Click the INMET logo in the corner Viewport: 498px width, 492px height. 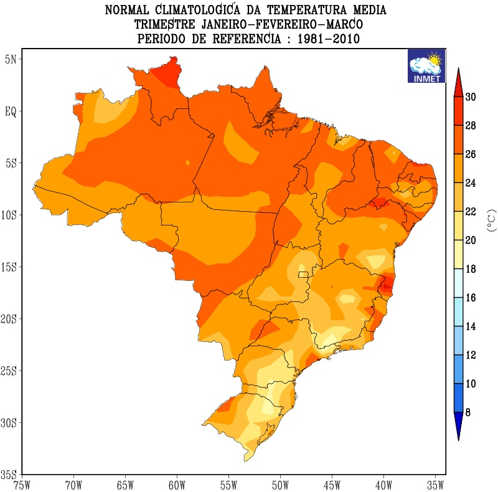pyautogui.click(x=426, y=66)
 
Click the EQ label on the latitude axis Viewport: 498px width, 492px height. pyautogui.click(x=11, y=111)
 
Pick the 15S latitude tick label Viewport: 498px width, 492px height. pyautogui.click(x=10, y=267)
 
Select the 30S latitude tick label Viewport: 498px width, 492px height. pyautogui.click(x=10, y=423)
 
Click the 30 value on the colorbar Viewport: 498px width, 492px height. pyautogui.click(x=471, y=97)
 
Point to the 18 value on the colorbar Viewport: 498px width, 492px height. pyautogui.click(x=471, y=269)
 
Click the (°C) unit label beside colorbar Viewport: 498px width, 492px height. pyautogui.click(x=490, y=220)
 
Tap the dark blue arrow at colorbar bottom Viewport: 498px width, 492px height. pyautogui.click(x=458, y=426)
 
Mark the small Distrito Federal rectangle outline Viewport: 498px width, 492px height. pyautogui.click(x=303, y=274)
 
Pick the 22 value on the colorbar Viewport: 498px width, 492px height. pyautogui.click(x=471, y=212)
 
